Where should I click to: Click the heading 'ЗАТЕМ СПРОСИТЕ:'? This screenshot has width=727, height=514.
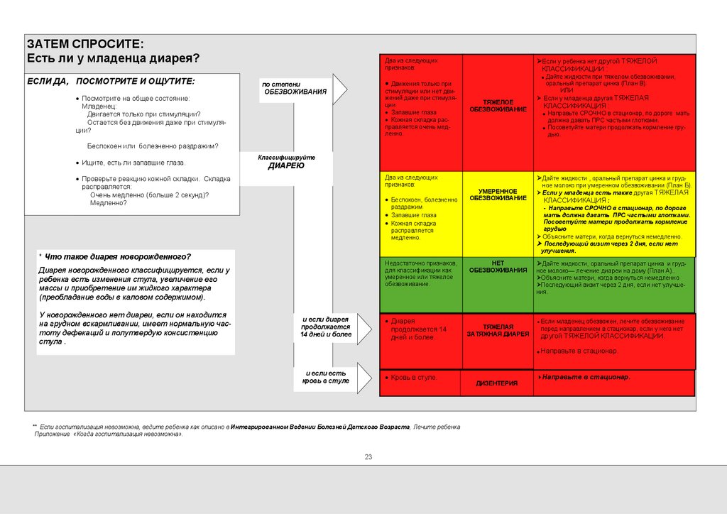point(84,43)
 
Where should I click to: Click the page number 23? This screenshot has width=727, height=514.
point(368,456)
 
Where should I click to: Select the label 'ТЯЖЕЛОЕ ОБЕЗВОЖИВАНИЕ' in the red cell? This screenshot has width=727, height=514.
point(500,106)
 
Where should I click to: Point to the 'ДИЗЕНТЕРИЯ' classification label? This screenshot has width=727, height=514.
point(496,383)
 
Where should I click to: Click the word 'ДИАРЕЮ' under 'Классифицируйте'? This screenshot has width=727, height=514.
point(286,165)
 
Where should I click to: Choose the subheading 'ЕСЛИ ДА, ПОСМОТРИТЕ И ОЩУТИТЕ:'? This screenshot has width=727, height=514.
point(110,81)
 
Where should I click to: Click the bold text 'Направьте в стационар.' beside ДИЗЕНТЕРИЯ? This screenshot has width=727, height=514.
point(586,377)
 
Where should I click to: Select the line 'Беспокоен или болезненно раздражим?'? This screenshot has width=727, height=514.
point(153,146)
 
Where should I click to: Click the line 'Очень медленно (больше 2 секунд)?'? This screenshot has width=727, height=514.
point(149,195)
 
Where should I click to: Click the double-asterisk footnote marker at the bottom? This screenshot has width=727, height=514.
point(35,426)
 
